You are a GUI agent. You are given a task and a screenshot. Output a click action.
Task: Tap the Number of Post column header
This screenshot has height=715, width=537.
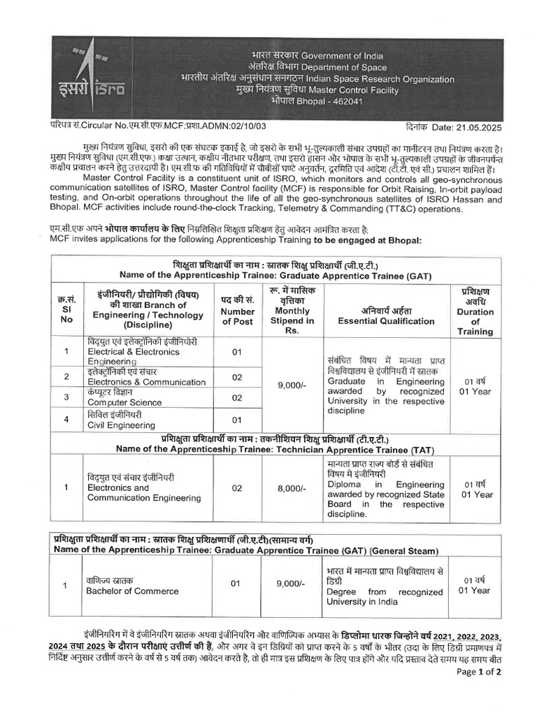(x=238, y=311)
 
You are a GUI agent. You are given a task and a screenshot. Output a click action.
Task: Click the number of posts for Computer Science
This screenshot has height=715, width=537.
(x=237, y=398)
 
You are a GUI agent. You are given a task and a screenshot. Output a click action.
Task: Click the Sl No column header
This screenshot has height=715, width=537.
(x=65, y=311)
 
